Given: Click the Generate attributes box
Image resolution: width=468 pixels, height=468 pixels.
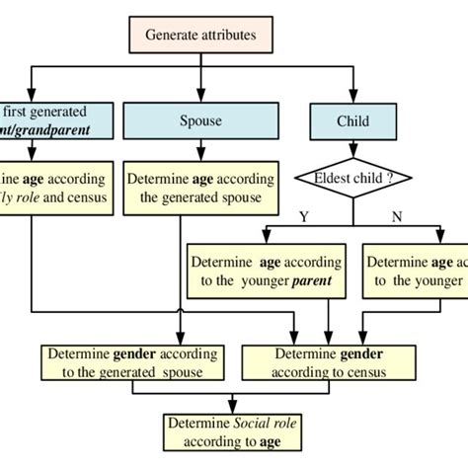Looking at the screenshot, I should tap(201, 35).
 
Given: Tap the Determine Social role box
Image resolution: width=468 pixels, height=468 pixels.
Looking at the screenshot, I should tap(232, 431).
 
